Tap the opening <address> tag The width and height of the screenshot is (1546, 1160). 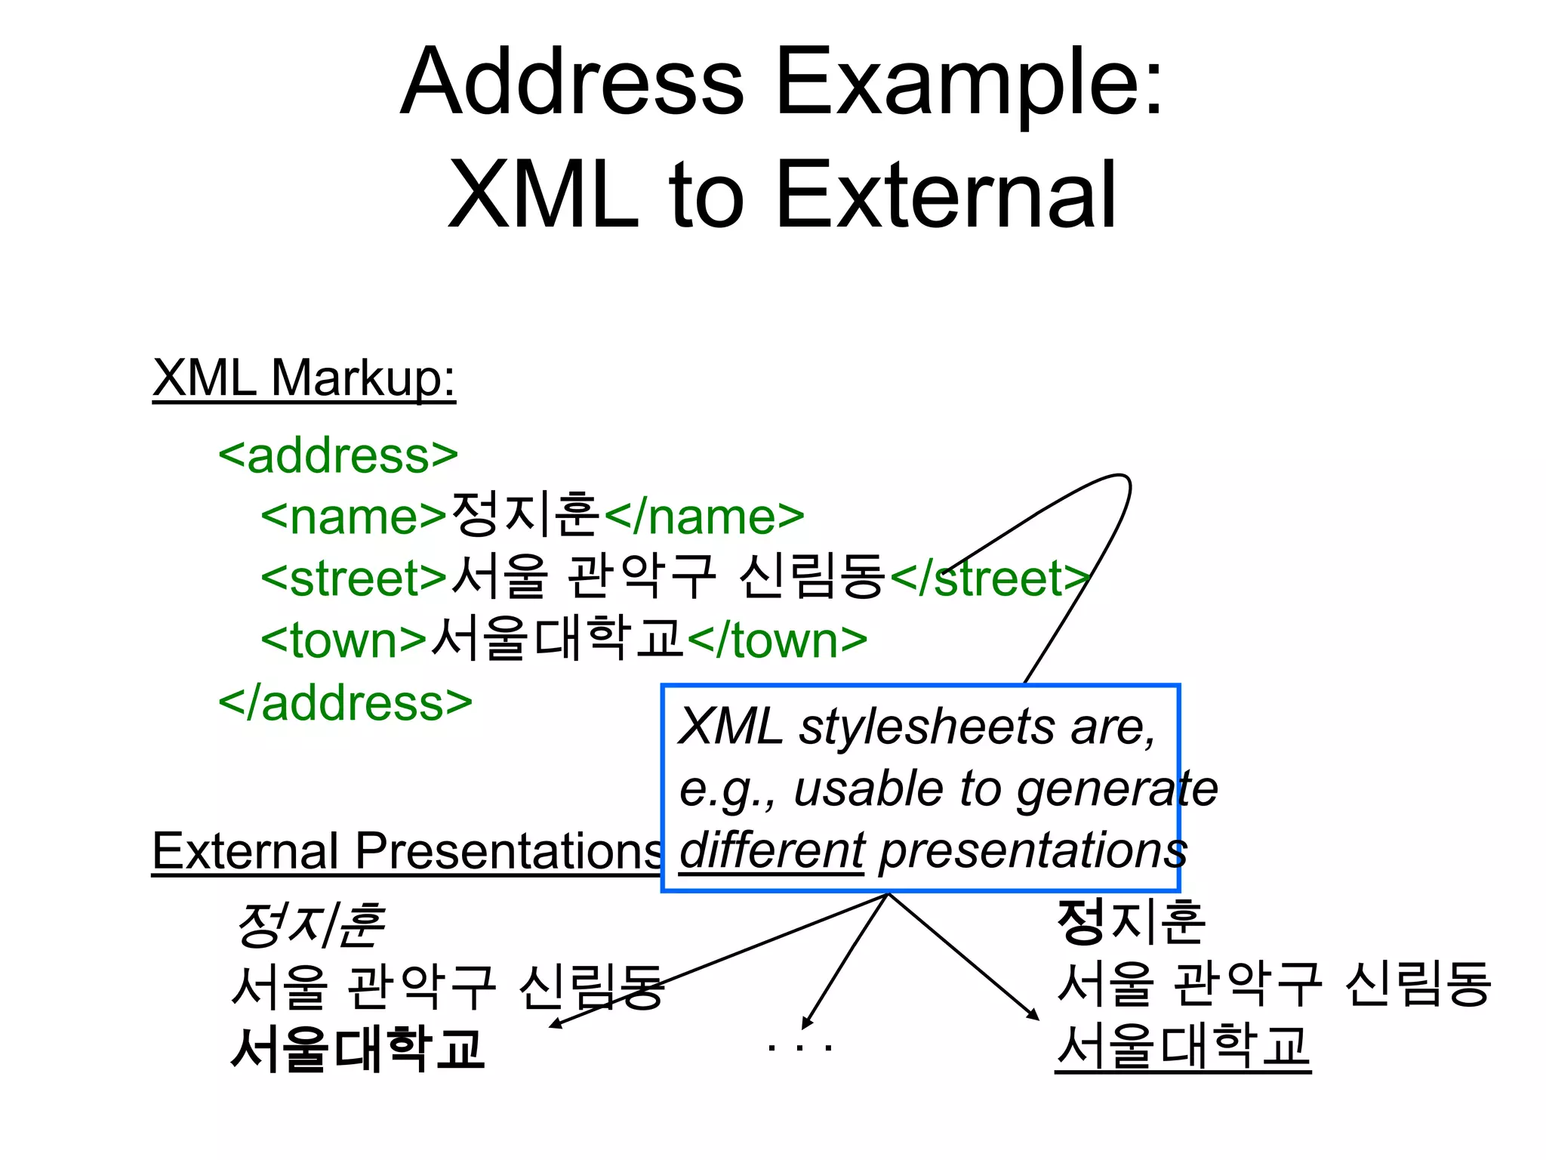click(x=338, y=455)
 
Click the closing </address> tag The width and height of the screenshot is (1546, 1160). click(x=345, y=703)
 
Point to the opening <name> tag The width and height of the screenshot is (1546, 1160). click(x=354, y=517)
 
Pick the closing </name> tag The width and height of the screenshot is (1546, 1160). click(x=704, y=517)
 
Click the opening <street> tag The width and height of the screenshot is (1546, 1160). click(x=354, y=579)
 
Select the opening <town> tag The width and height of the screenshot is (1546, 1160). click(x=344, y=640)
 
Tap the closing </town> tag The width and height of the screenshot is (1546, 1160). click(x=778, y=640)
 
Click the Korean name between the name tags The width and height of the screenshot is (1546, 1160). click(x=525, y=516)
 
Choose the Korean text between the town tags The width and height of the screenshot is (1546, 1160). click(x=558, y=639)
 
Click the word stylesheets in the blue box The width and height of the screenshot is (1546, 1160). click(x=927, y=727)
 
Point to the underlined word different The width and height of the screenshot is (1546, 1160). click(x=771, y=850)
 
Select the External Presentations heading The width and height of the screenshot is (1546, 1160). click(x=406, y=852)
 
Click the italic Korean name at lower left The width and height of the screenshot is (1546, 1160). click(x=310, y=924)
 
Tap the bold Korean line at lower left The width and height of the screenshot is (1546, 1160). click(x=357, y=1049)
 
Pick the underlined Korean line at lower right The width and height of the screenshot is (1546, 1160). click(x=1182, y=1047)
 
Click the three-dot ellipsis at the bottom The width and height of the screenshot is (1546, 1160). click(x=799, y=1048)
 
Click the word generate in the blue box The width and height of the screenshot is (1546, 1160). click(x=1116, y=789)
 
